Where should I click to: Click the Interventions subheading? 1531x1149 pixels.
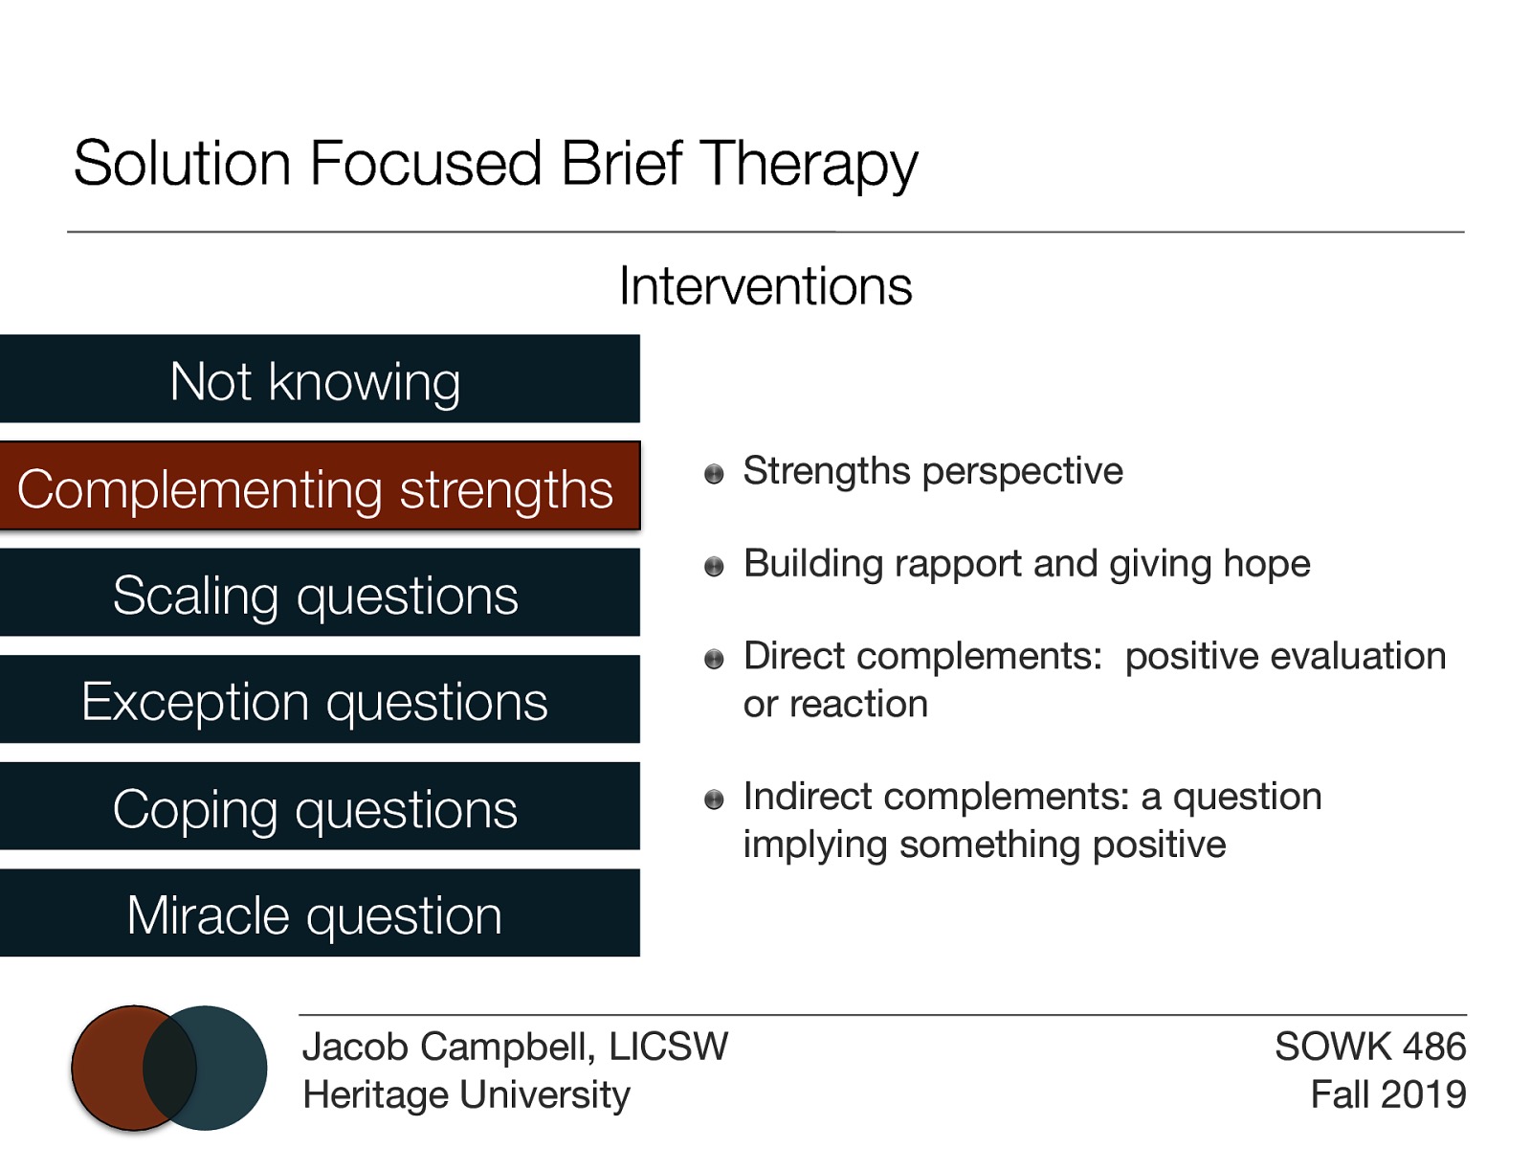(x=765, y=286)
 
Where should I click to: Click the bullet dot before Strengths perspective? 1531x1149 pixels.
(x=714, y=474)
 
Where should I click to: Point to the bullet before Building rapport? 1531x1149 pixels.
(x=714, y=567)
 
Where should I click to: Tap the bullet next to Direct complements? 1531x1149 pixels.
(x=714, y=659)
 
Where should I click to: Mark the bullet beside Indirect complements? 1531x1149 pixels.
(x=714, y=800)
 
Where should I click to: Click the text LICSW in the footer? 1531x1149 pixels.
(x=669, y=1047)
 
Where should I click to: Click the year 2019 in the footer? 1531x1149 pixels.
(x=1423, y=1094)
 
